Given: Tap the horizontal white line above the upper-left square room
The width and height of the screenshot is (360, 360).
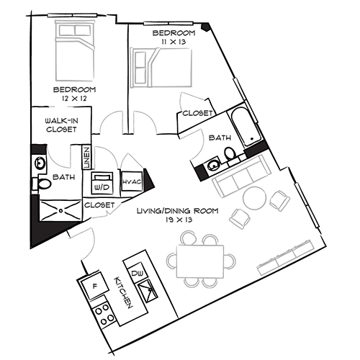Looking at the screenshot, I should (x=71, y=14).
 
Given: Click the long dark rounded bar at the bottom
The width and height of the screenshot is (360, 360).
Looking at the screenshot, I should (x=122, y=292).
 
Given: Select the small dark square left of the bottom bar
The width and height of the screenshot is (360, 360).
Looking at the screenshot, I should (x=94, y=286).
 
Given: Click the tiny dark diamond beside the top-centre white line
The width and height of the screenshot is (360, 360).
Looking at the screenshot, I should (x=205, y=27).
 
